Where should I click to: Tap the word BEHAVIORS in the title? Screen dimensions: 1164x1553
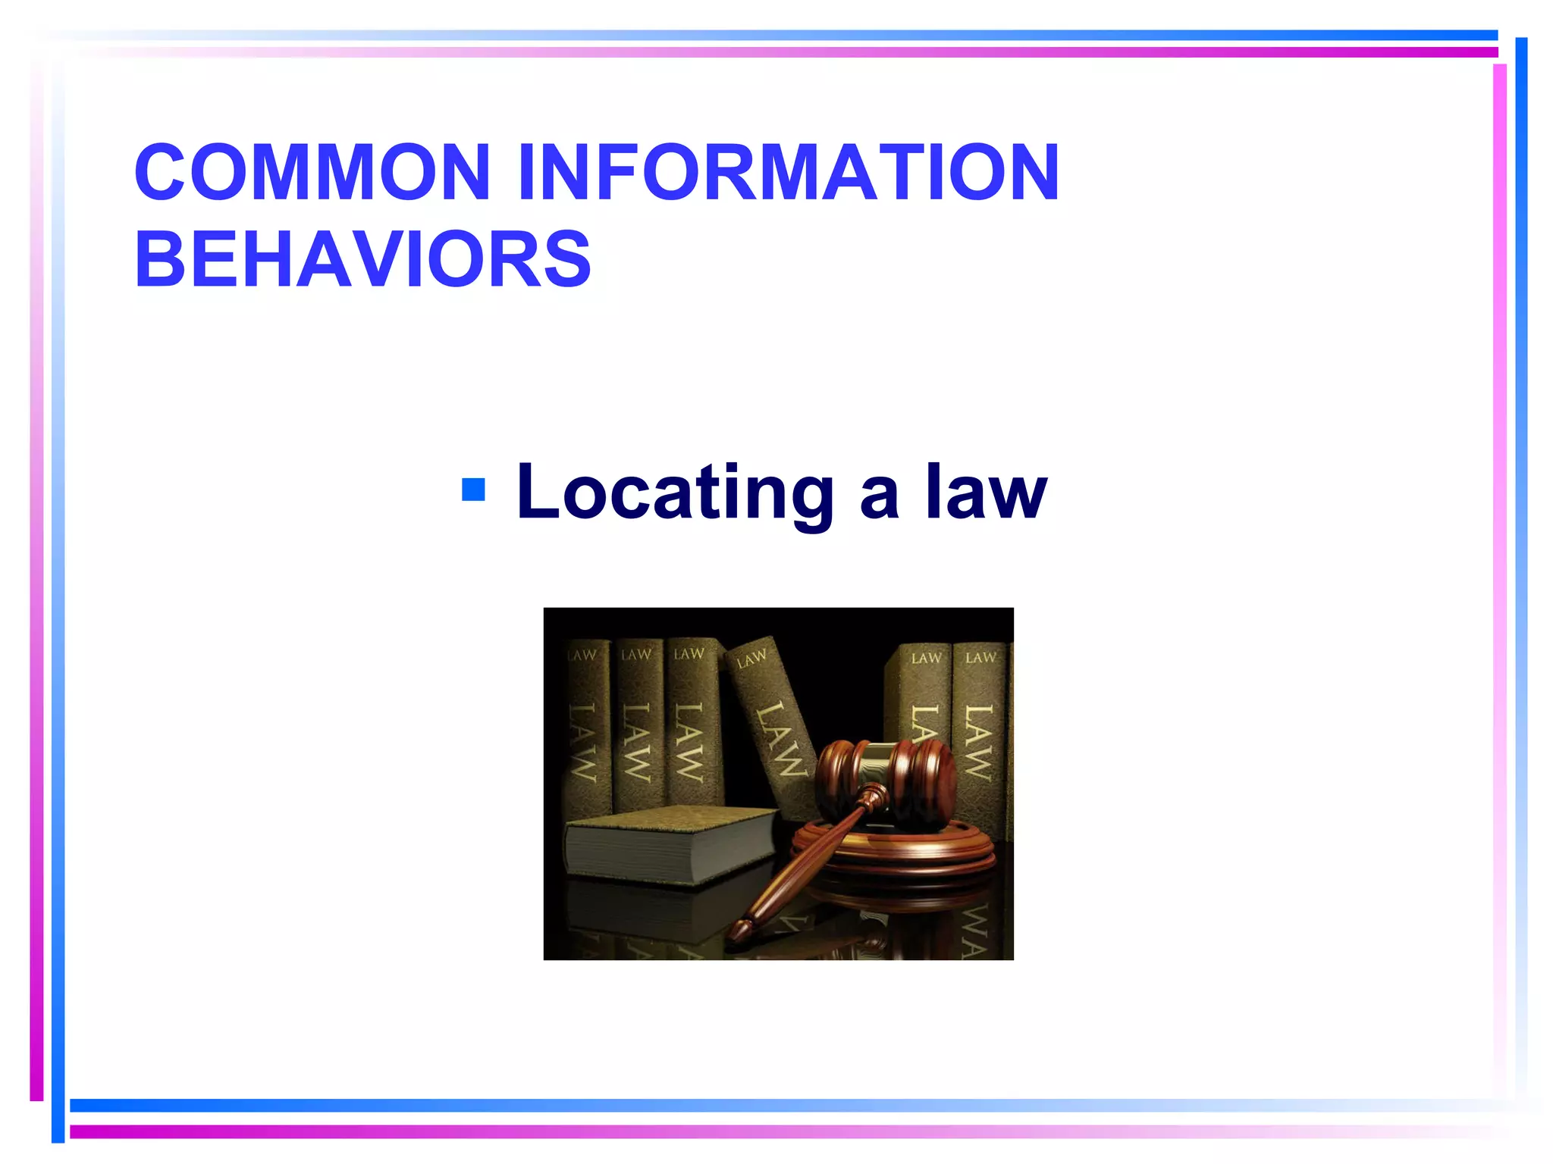362,259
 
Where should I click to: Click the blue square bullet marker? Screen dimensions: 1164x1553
473,490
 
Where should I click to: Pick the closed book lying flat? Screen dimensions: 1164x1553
667,845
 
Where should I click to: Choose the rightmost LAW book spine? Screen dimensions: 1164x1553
980,727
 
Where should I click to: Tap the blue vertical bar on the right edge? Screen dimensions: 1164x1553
1520,530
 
